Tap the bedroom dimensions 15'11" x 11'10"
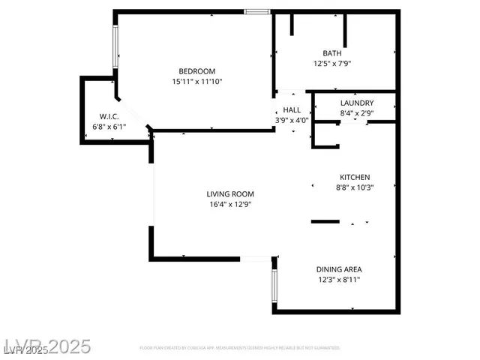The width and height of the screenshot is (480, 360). [197, 82]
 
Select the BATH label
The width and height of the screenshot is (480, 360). [331, 53]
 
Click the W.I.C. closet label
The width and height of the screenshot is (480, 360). [109, 116]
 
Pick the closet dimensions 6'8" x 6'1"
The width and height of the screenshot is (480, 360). [109, 127]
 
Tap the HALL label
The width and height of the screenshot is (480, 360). [292, 110]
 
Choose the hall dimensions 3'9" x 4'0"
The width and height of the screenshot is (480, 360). [292, 120]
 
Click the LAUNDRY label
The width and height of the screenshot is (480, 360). [356, 103]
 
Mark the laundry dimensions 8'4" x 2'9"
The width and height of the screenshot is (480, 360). [356, 113]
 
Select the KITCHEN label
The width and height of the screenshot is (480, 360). [353, 177]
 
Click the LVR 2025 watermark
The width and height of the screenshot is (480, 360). [46, 346]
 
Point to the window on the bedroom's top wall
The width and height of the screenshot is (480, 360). [256, 11]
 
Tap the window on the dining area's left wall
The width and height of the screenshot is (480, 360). [274, 286]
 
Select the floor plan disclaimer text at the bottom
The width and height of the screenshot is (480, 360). [240, 348]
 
